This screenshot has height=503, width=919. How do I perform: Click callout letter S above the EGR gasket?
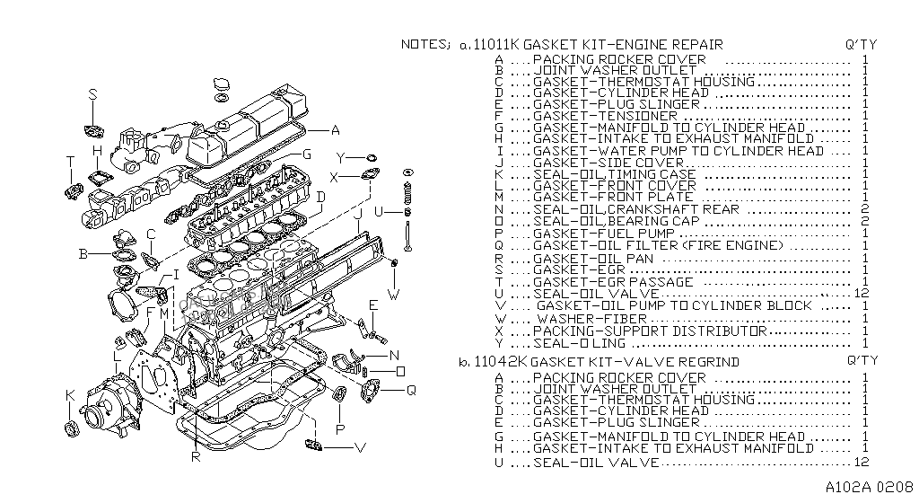tap(93, 94)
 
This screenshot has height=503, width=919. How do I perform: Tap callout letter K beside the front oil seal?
tap(70, 395)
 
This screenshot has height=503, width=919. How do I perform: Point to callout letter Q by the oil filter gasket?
tap(411, 390)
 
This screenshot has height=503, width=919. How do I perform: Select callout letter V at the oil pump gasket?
tap(361, 448)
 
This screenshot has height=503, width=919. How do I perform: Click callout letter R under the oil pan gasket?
tap(197, 456)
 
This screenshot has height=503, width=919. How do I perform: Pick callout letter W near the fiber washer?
tap(394, 295)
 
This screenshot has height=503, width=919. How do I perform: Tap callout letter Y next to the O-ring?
tap(341, 158)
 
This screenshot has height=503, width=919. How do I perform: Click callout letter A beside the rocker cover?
tap(336, 130)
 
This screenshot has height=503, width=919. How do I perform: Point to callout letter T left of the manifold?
tap(71, 162)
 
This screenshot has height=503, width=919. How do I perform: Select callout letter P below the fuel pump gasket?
tap(340, 429)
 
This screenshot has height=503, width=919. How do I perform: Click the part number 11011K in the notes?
tap(496, 45)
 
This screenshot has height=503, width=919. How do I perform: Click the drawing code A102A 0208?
tap(870, 487)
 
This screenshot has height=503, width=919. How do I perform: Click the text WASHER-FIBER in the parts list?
tap(592, 319)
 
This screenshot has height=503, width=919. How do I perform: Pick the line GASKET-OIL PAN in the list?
tap(593, 259)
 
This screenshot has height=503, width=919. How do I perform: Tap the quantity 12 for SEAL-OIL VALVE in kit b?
tap(861, 462)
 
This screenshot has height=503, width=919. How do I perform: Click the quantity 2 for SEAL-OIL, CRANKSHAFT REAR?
tap(865, 209)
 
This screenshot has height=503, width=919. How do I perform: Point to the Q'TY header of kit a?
tap(861, 45)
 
